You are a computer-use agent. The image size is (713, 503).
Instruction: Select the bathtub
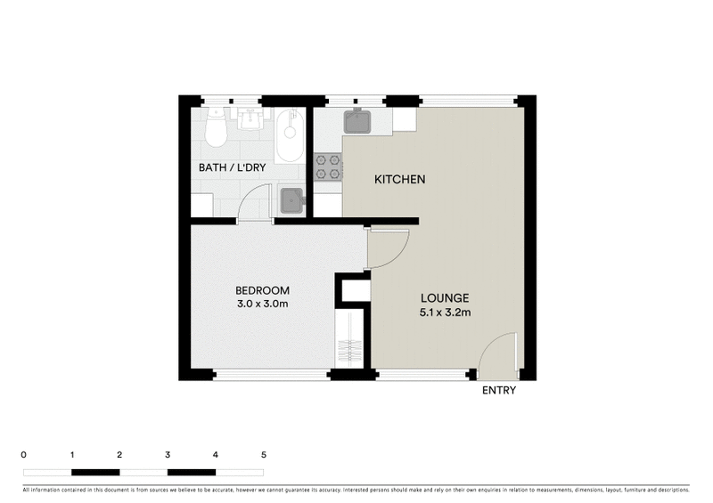pos(289,135)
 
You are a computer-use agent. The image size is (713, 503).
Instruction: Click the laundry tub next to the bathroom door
pos(291,201)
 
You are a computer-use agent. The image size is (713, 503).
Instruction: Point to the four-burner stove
pos(327,166)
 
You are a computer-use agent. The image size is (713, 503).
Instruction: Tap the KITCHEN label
pos(399,180)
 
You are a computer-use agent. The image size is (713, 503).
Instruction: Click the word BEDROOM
pos(262,291)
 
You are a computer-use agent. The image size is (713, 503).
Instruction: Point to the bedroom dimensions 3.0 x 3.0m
pos(262,304)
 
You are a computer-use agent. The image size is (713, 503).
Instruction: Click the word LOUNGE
pos(444,297)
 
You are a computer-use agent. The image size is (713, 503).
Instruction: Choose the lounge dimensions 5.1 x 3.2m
pos(444,312)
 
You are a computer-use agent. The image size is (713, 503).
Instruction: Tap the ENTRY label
pos(498,390)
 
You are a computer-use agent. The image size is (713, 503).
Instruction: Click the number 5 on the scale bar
pos(263,454)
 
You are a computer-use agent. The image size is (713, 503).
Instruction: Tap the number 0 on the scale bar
pos(23,454)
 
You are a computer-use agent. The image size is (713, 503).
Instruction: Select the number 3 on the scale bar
pos(168,454)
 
